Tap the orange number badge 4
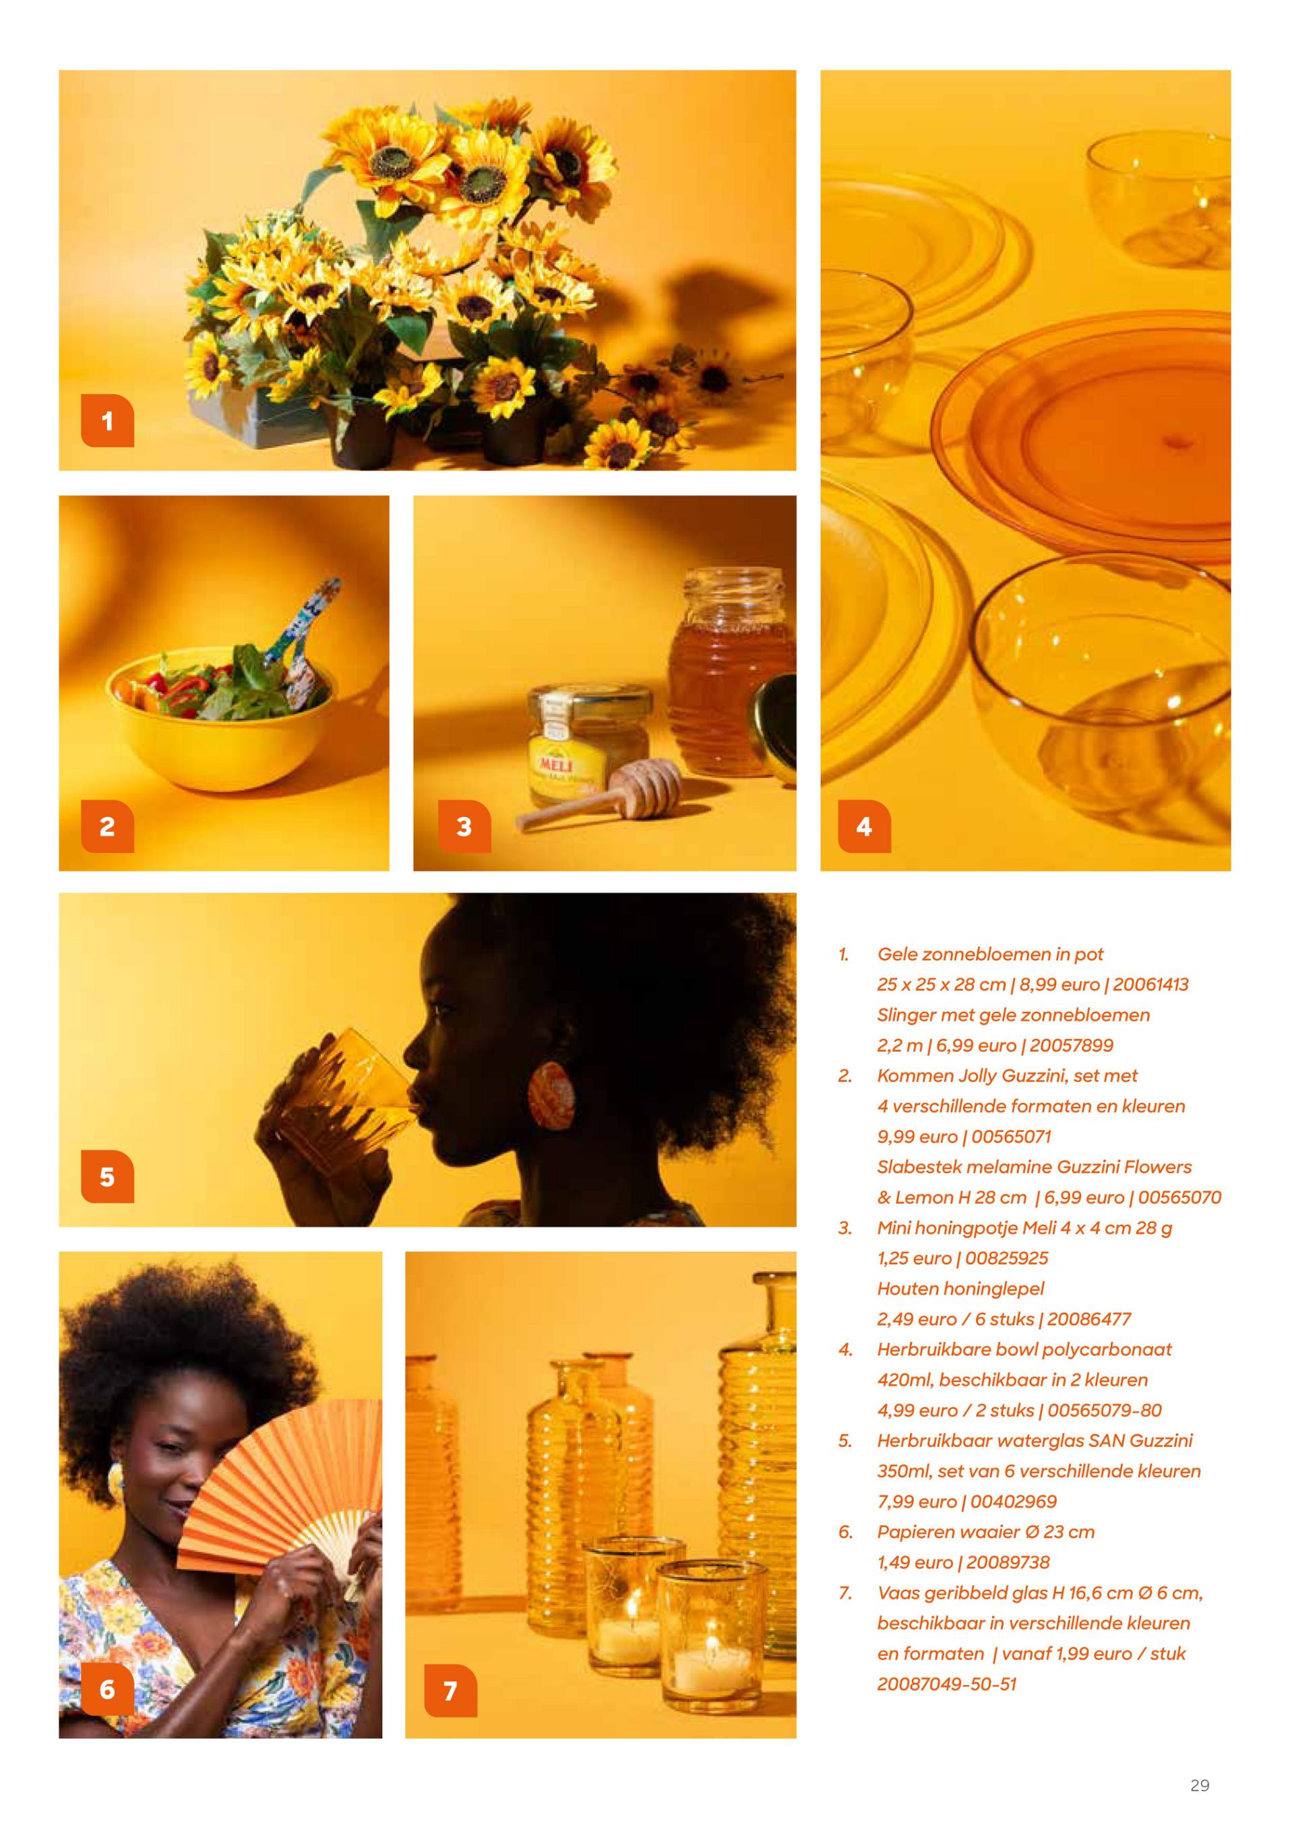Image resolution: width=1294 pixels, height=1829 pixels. pos(865,826)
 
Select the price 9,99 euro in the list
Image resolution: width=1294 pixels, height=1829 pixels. pos(917,1136)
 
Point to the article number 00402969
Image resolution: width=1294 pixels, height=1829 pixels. pos(1014,1501)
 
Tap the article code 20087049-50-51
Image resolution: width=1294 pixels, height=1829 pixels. pos(948,1683)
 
